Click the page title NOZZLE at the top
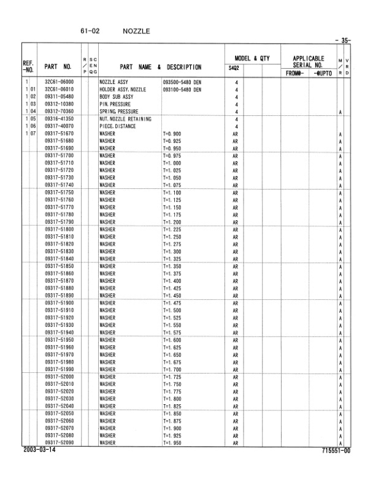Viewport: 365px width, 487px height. pos(136,30)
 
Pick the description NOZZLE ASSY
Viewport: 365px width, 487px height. pos(113,82)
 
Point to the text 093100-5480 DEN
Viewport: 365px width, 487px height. pos(182,89)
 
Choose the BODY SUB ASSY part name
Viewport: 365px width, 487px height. pos(117,96)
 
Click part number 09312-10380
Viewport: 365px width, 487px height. pos(59,104)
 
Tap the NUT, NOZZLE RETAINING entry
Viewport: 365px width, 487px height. pos(125,118)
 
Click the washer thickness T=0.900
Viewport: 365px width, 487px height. pos(172,134)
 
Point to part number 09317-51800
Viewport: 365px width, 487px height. pos(59,229)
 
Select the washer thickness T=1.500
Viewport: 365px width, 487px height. pos(173,310)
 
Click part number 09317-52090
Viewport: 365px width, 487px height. pos(59,442)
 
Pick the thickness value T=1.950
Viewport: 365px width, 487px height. pos(173,442)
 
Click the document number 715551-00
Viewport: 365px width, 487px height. pos(336,450)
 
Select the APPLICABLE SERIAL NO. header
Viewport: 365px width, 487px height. pos(308,62)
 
